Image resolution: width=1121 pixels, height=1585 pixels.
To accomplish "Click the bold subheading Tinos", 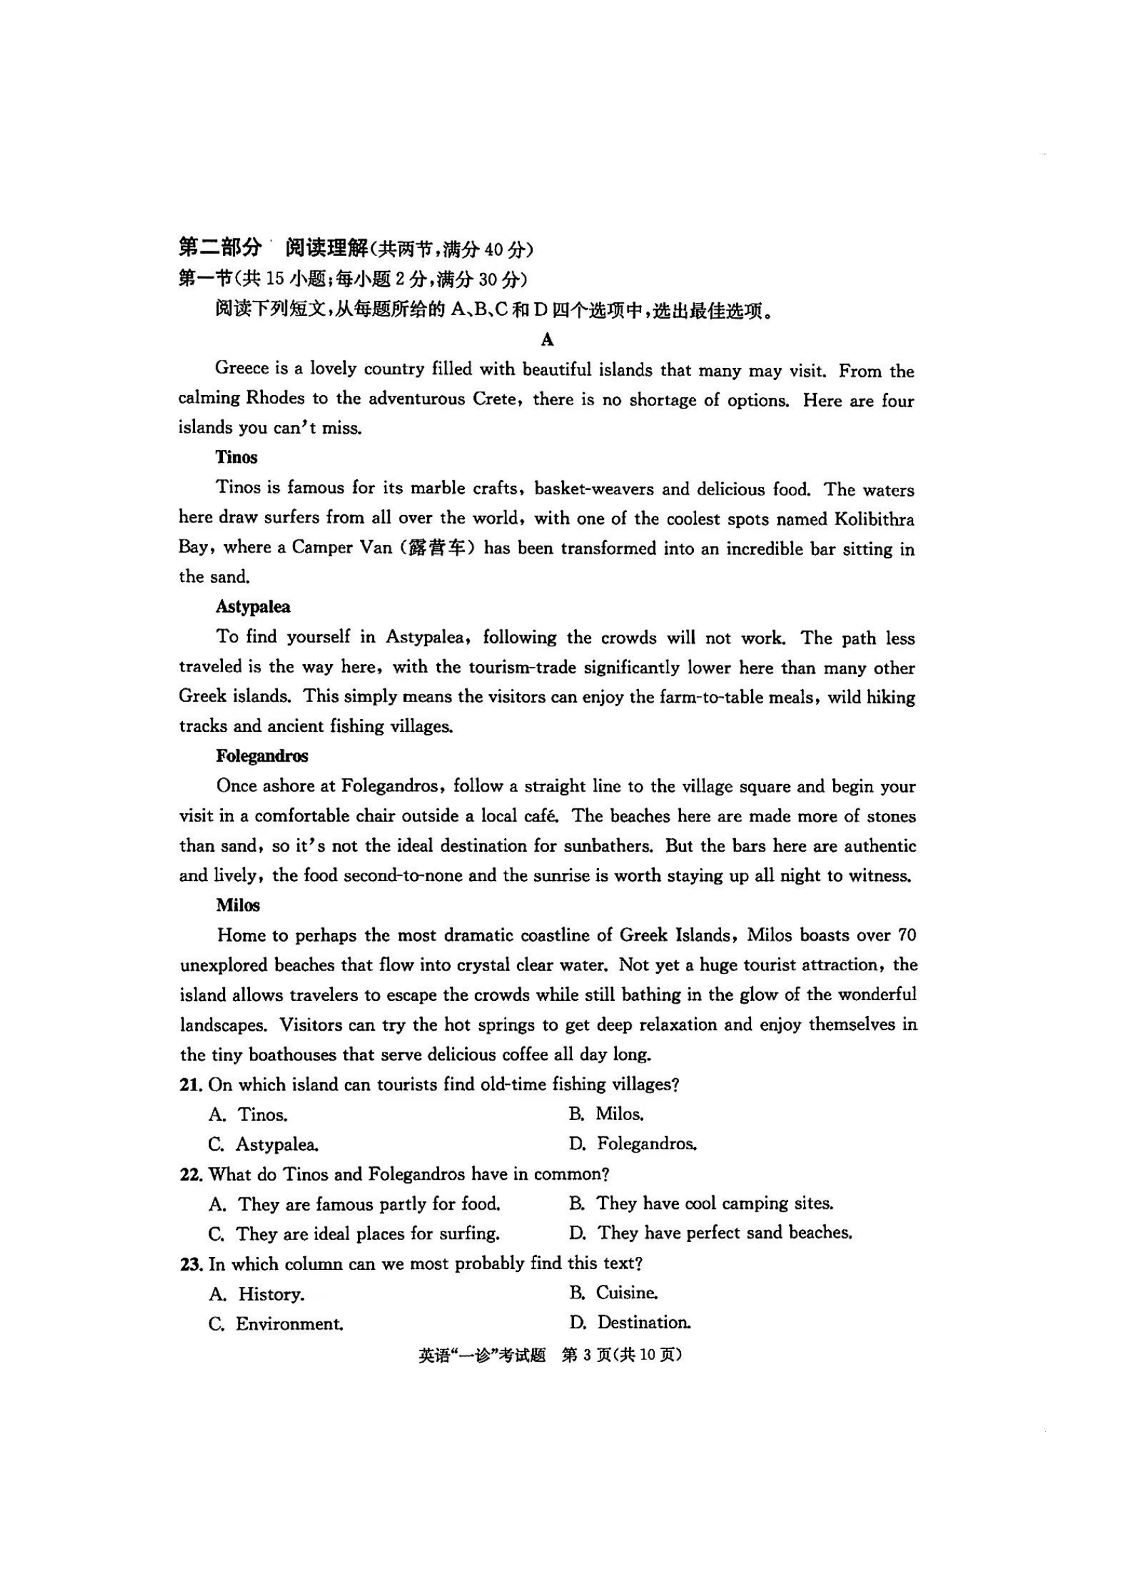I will tap(236, 457).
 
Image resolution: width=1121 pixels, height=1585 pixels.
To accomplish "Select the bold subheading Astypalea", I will tap(253, 606).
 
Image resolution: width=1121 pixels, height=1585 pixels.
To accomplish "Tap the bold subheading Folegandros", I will tap(262, 756).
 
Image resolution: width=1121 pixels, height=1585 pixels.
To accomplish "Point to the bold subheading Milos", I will tap(237, 905).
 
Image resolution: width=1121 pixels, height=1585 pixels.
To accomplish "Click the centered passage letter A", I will tap(548, 339).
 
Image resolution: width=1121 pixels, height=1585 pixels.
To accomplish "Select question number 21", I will tap(190, 1084).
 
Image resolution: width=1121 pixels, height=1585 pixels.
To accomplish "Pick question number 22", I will tap(190, 1174).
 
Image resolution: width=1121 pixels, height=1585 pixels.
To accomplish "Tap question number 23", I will tap(190, 1264).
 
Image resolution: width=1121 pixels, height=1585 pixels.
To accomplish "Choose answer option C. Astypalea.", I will tap(264, 1145).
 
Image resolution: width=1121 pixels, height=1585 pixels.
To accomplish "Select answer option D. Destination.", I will tap(630, 1323).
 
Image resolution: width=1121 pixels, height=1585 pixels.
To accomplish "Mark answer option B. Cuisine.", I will tap(613, 1292).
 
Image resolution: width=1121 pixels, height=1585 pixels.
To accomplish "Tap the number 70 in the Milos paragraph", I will tap(906, 935).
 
